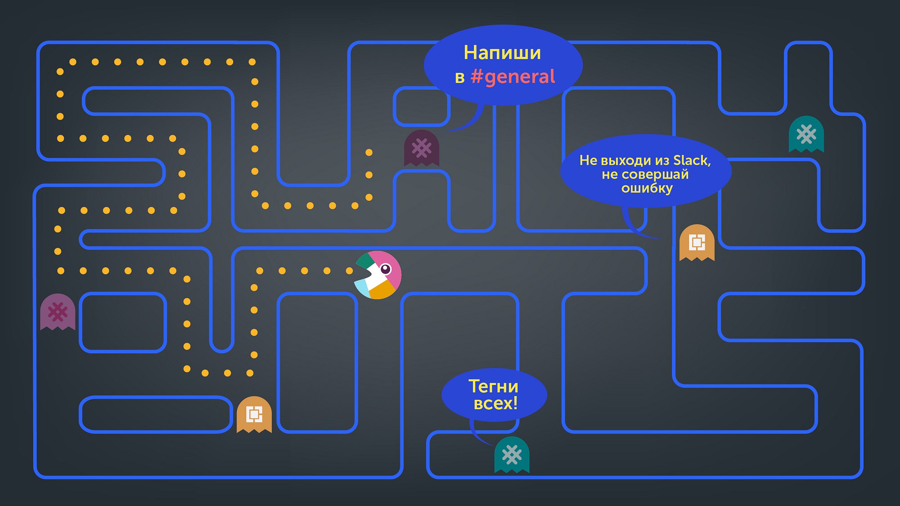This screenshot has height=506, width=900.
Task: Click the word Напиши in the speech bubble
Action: coord(502,53)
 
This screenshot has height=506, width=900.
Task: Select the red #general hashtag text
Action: coord(513,77)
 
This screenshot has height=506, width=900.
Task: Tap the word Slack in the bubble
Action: coord(692,160)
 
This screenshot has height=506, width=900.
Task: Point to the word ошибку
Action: coord(647,189)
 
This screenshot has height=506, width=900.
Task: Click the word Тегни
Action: coord(494,387)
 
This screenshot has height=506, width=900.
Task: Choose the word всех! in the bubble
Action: coord(495,403)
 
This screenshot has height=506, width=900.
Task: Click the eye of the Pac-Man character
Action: coord(386,269)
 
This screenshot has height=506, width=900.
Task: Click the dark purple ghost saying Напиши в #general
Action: coord(422,148)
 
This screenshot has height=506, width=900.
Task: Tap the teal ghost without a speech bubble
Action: coord(806,134)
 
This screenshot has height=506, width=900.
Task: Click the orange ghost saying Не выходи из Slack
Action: coord(697,243)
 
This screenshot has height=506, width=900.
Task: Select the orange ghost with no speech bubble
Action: coord(254,415)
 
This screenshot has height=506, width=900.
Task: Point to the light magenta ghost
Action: coord(58,312)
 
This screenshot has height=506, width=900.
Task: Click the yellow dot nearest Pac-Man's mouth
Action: coord(349,271)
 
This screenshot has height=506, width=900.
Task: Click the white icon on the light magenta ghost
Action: coord(58,312)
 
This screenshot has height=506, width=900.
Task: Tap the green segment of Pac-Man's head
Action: coord(366,261)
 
